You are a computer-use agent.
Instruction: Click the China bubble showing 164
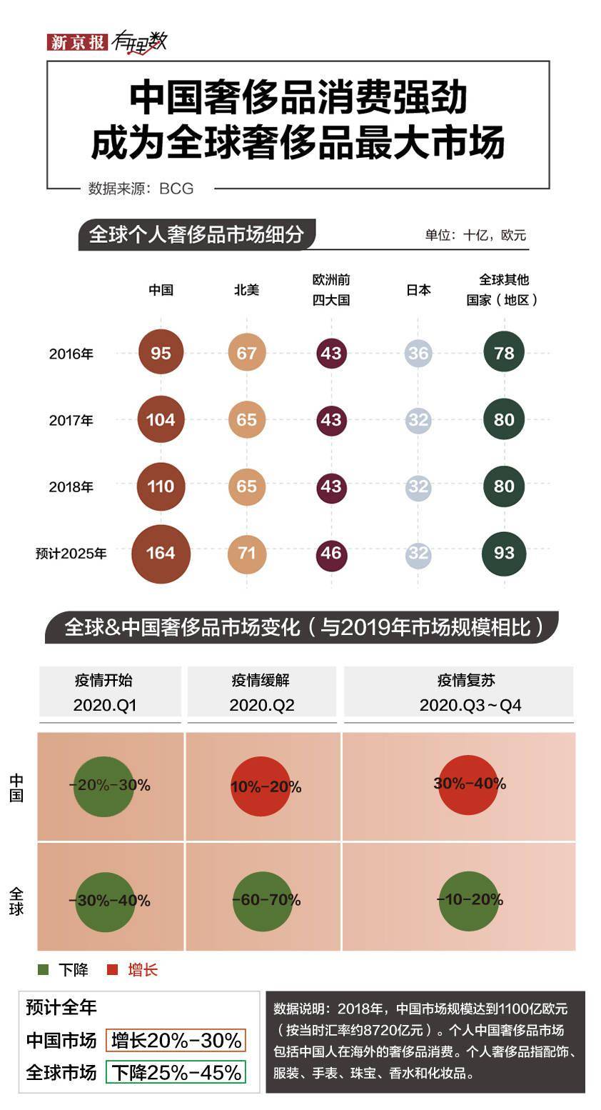point(161,553)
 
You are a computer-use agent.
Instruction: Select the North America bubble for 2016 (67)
point(247,353)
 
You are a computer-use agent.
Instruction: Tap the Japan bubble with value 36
point(418,353)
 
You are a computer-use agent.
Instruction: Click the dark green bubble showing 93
point(504,553)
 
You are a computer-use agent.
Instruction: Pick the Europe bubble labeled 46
point(331,553)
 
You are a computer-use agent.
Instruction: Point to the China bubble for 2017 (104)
point(161,420)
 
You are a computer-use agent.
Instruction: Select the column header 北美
point(247,290)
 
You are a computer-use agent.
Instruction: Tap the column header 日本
point(418,290)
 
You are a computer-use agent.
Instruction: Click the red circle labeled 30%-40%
point(468,784)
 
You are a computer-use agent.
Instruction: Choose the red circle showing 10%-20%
point(261,786)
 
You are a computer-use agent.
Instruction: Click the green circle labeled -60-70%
point(263,901)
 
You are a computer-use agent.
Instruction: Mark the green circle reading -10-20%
point(469,900)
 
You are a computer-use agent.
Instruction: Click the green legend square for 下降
point(44,969)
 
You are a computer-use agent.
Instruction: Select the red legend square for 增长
point(112,969)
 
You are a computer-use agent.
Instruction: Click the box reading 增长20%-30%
point(176,1040)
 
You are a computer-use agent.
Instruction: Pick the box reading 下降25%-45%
point(176,1072)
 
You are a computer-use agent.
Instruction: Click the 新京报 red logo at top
point(77,41)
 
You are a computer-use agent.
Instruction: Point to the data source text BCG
point(176,189)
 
